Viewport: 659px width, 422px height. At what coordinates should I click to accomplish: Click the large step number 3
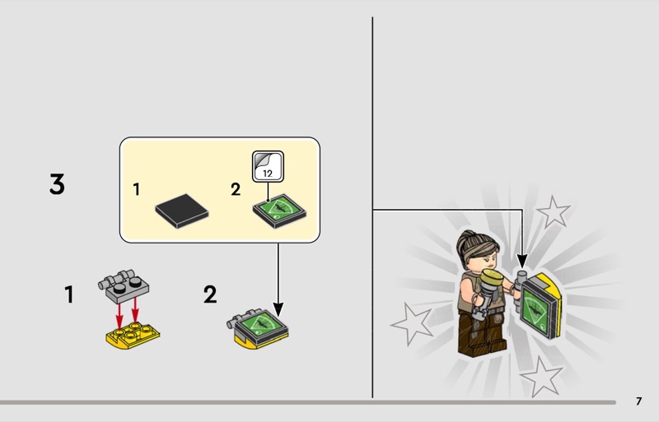[57, 184]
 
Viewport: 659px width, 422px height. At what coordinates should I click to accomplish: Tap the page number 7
[639, 401]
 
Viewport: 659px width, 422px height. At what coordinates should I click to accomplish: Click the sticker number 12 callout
[269, 167]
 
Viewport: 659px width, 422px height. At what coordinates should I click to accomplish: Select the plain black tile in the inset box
[181, 211]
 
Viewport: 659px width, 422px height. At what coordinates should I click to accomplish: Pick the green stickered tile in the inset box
[279, 211]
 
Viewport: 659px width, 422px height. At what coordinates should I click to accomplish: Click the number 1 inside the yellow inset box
[136, 189]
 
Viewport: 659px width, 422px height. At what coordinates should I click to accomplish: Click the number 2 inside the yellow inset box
[236, 189]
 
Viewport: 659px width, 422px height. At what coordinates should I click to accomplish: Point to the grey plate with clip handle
[124, 286]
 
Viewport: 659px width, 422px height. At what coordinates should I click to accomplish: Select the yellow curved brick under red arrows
[133, 336]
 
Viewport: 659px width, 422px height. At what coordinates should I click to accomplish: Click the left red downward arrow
[119, 313]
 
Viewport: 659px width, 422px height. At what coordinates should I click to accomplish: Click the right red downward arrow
[135, 310]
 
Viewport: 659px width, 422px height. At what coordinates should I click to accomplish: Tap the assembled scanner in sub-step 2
[258, 329]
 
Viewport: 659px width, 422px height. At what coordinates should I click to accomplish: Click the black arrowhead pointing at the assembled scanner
[278, 310]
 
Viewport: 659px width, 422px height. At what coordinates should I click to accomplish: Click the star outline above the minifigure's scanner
[554, 211]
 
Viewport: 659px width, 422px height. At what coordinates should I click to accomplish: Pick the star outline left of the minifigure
[412, 323]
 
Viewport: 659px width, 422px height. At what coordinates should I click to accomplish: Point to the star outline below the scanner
[541, 377]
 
